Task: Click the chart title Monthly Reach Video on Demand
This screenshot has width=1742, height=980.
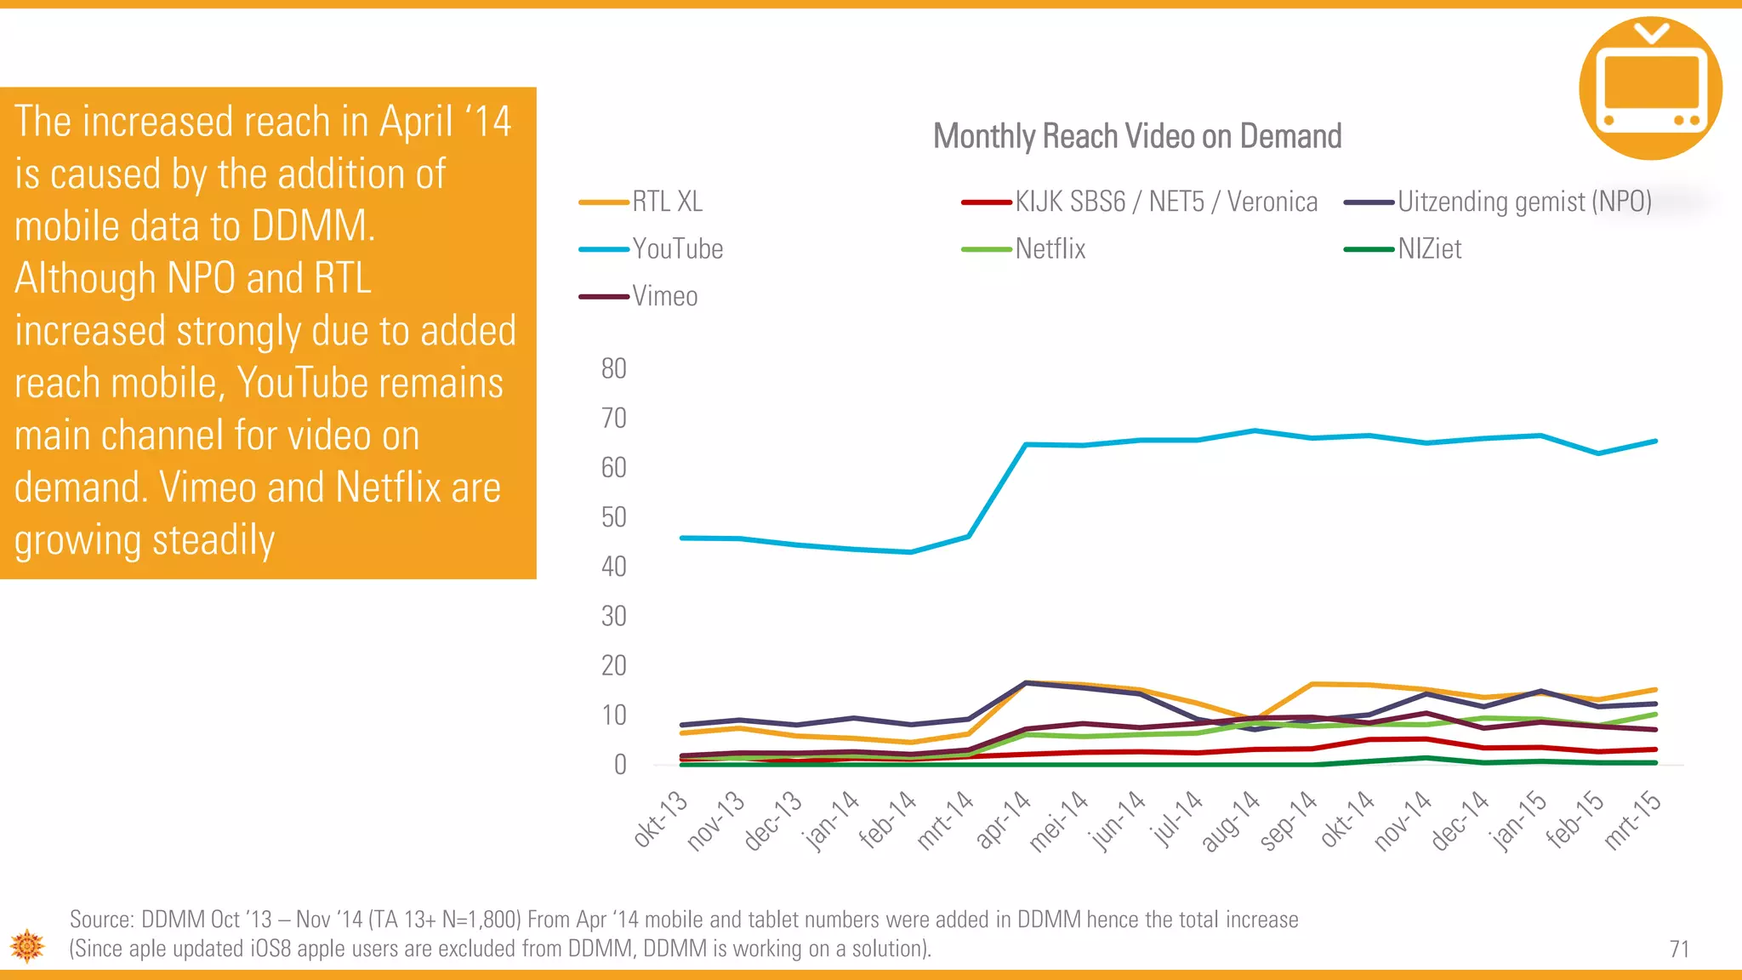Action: pos(1136,137)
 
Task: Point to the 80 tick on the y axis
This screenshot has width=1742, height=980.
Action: pos(613,369)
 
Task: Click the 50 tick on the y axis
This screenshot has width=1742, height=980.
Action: pos(613,517)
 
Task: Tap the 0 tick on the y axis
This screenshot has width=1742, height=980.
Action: pos(620,765)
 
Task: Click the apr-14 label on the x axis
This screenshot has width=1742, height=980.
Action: pos(1004,818)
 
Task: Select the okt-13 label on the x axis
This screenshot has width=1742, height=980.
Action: pos(661,818)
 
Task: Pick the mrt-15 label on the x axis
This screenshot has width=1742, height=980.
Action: pos(1632,819)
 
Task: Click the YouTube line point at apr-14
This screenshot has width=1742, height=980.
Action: pos(1026,444)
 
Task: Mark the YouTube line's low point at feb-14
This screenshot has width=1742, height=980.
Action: pos(911,552)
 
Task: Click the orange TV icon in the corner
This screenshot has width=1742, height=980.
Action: pos(1650,88)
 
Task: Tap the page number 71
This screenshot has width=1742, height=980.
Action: pos(1679,949)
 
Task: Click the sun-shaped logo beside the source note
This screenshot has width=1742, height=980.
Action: pos(27,945)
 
